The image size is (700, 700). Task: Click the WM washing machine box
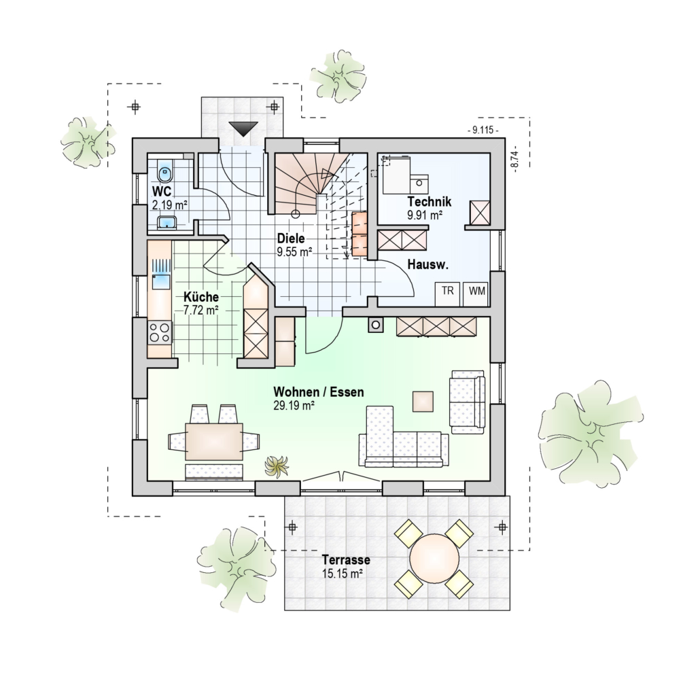pyautogui.click(x=476, y=294)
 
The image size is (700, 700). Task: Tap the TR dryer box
pyautogui.click(x=448, y=294)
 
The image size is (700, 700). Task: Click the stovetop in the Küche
pyautogui.click(x=160, y=333)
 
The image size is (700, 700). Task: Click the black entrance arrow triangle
pyautogui.click(x=243, y=128)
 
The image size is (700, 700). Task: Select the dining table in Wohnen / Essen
pyautogui.click(x=214, y=442)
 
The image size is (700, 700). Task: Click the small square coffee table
pyautogui.click(x=423, y=402)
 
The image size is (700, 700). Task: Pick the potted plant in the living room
pyautogui.click(x=277, y=466)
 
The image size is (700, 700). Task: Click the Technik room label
pyautogui.click(x=430, y=202)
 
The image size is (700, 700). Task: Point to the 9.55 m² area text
pyautogui.click(x=294, y=252)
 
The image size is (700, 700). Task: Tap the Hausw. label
pyautogui.click(x=427, y=265)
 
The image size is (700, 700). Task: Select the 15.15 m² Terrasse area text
pyautogui.click(x=342, y=574)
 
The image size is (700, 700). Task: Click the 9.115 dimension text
pyautogui.click(x=483, y=130)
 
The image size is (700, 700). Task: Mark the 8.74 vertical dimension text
pyautogui.click(x=516, y=159)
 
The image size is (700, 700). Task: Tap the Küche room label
pyautogui.click(x=201, y=297)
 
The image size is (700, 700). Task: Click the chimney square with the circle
pyautogui.click(x=375, y=325)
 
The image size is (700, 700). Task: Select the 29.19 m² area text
pyautogui.click(x=294, y=406)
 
